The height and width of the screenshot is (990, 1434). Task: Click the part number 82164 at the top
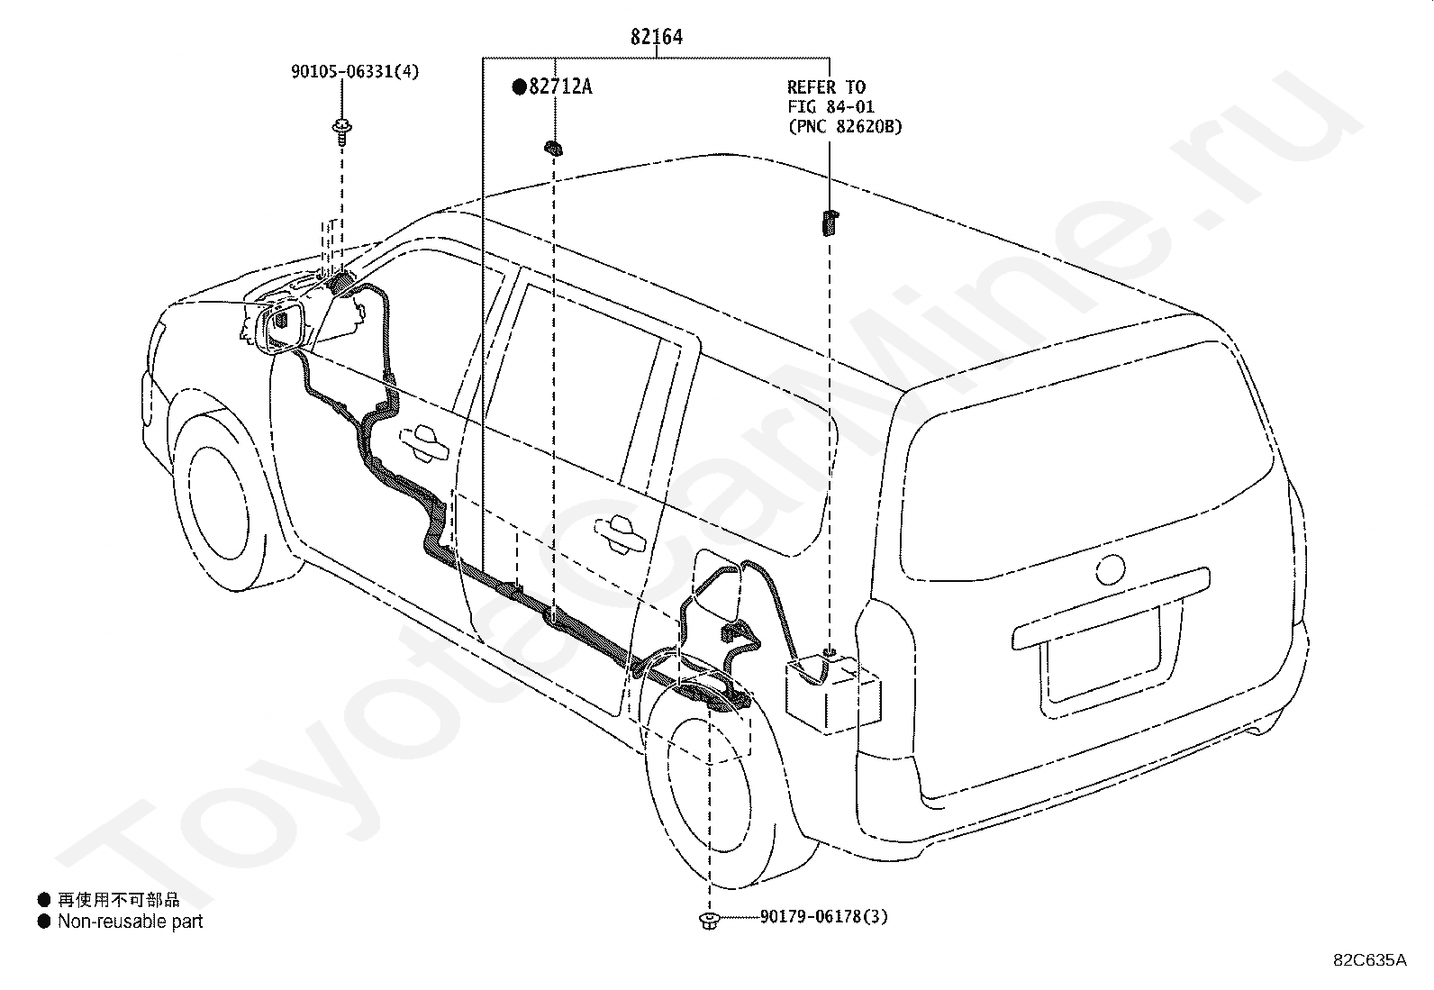coord(656,37)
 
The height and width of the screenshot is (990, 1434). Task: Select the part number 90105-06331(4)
coord(355,71)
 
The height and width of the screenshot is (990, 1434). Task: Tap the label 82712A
coord(561,86)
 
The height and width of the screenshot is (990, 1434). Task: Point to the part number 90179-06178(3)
coord(824,916)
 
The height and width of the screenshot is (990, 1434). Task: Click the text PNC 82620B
coord(844,127)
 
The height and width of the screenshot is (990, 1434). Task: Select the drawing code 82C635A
coord(1370,960)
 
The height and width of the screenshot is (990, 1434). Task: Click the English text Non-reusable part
coord(130,922)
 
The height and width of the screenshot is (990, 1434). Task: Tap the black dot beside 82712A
coord(519,86)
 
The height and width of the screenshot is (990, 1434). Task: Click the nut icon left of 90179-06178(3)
coord(709,921)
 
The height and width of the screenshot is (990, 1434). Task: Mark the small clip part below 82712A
coord(553,150)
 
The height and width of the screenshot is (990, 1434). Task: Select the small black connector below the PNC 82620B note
coord(830,222)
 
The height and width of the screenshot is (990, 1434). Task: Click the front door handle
coord(423,442)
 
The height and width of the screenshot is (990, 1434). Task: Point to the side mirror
coord(280,327)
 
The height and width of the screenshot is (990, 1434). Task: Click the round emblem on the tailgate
coord(1110,569)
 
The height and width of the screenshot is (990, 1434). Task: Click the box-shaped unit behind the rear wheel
coord(833,695)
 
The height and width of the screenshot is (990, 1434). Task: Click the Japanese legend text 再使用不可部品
coord(118,900)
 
